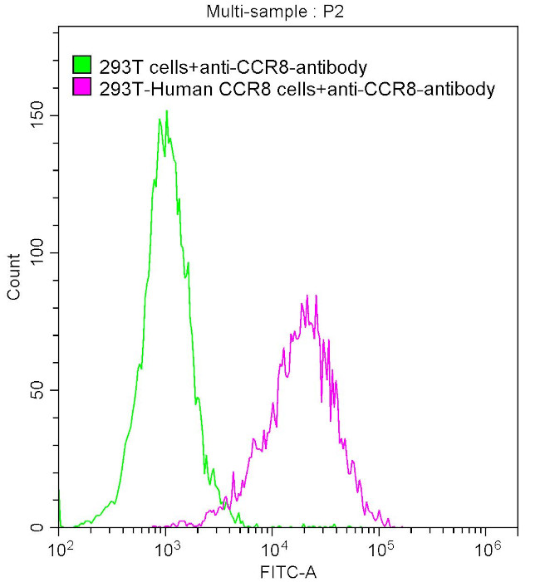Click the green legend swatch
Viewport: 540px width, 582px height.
pos(82,65)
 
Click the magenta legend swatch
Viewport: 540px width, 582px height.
pos(82,87)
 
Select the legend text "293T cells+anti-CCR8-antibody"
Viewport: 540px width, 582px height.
pos(233,66)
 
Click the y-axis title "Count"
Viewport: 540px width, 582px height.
pos(14,277)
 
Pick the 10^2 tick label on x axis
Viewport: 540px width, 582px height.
pos(60,549)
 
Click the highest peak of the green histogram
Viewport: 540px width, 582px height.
pos(166,111)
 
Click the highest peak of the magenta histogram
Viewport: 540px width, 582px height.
pos(307,295)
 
